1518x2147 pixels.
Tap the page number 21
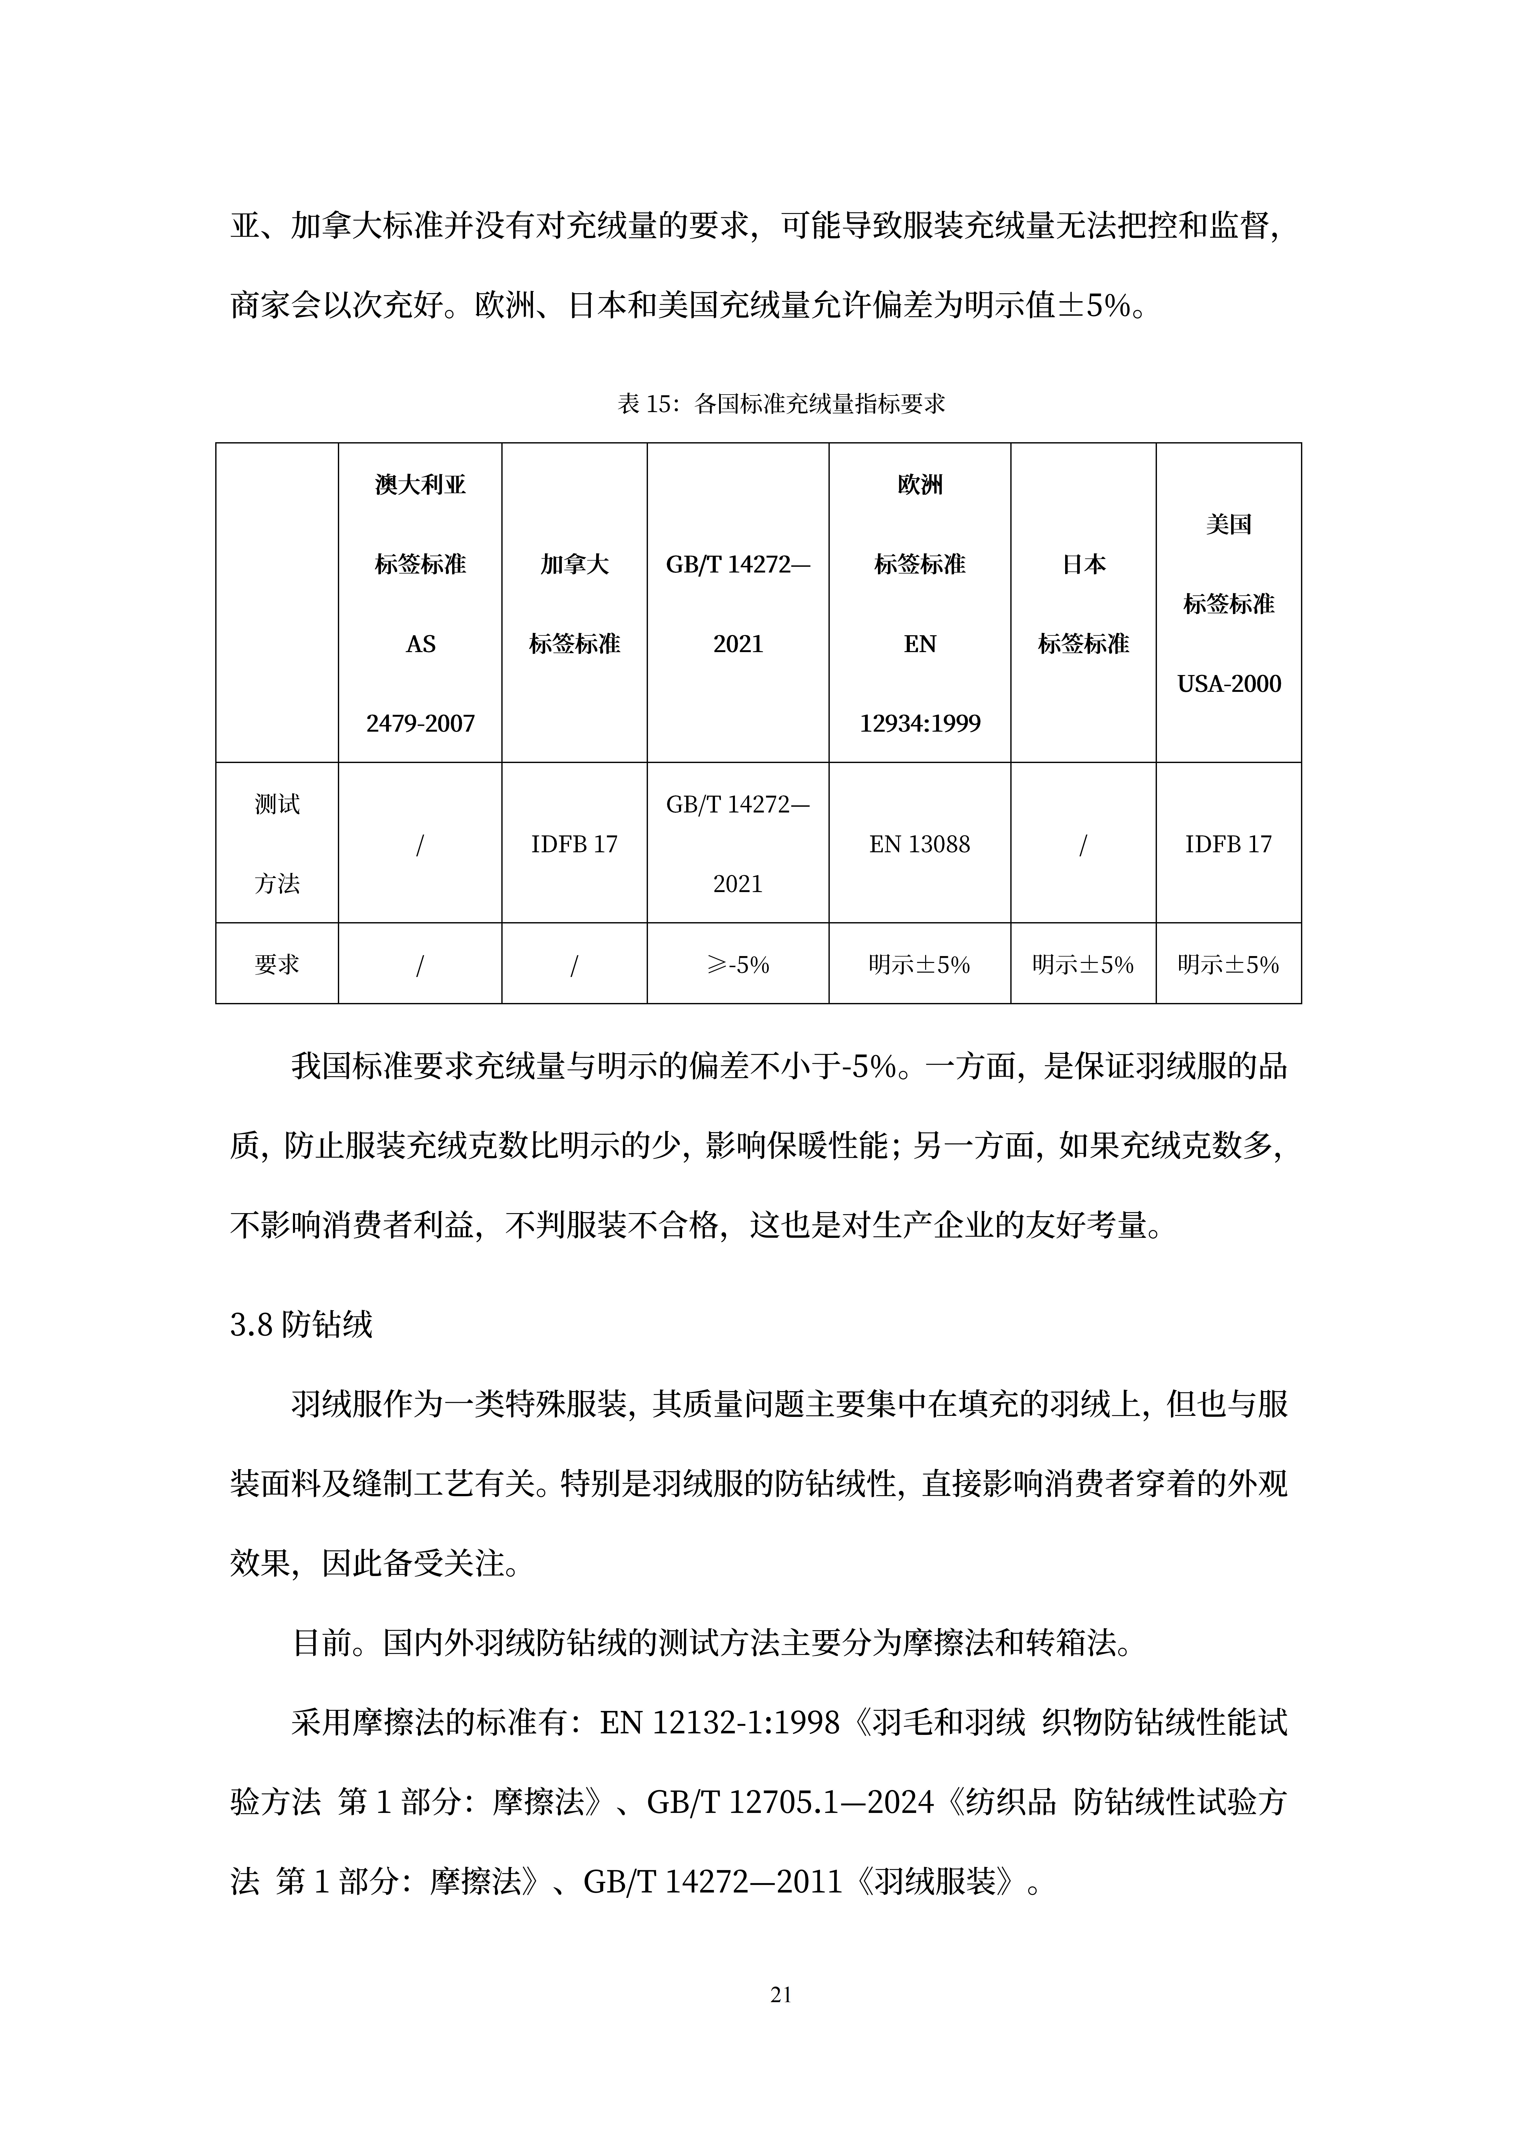tap(781, 1994)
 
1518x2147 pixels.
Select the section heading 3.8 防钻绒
tap(301, 1324)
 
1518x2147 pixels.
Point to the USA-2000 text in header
tap(1228, 683)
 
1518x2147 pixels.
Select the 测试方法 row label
tap(277, 843)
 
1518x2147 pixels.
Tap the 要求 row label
tap(277, 964)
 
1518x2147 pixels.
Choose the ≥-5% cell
tap(738, 964)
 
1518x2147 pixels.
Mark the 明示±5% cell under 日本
tap(1083, 964)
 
